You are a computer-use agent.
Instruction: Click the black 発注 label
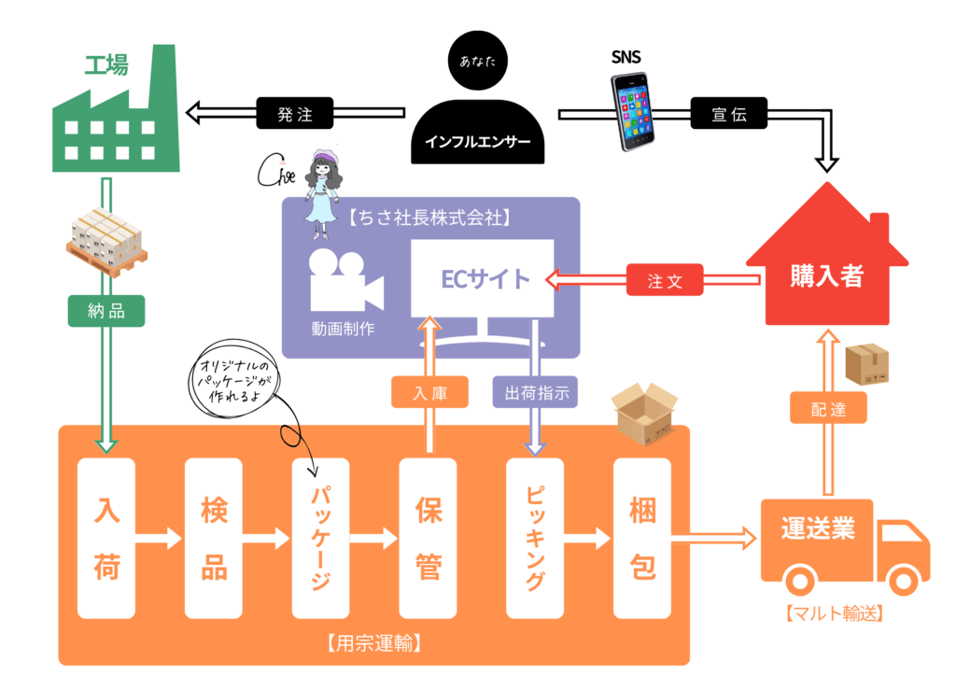coord(295,113)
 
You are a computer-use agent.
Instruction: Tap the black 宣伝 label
coord(728,113)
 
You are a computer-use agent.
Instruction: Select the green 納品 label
coord(106,311)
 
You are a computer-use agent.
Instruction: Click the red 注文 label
coord(665,280)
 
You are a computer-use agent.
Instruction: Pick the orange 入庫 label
coord(429,392)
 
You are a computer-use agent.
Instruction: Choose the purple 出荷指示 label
coord(535,392)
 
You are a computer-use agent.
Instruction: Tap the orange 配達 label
coord(828,408)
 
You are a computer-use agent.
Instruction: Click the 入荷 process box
coord(106,538)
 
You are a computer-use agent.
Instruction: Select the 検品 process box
coord(214,538)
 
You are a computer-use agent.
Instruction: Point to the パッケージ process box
coord(321,538)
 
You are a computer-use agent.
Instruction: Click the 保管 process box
coord(428,538)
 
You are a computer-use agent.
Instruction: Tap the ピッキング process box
coord(535,538)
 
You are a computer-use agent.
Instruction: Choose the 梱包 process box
coord(642,538)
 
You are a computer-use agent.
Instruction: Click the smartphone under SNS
coord(632,111)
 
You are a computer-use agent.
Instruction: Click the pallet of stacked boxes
coord(106,242)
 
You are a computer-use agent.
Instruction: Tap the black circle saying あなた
coord(478,61)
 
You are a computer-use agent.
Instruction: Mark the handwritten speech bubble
coord(232,379)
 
